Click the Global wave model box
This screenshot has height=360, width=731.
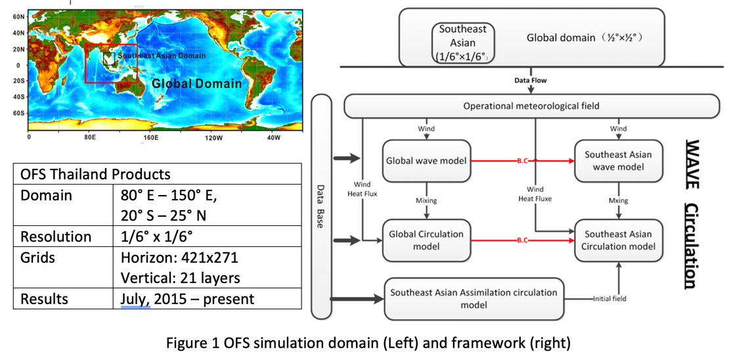tap(426, 160)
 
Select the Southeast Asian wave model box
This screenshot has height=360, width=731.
tap(617, 160)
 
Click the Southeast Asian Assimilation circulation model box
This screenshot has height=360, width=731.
tap(474, 298)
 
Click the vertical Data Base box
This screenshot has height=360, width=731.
tap(320, 207)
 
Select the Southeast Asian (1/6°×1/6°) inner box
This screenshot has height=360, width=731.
tap(463, 43)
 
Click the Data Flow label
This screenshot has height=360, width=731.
tap(530, 80)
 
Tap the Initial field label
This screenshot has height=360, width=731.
tap(609, 299)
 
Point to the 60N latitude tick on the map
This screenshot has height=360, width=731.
tap(19, 18)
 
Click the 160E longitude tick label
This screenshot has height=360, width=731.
tap(151, 138)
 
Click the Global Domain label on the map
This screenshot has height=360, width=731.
tap(196, 83)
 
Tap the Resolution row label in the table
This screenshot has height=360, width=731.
tap(47, 236)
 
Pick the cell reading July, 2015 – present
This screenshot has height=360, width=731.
tap(188, 299)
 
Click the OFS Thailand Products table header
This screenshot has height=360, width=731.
tap(95, 174)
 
